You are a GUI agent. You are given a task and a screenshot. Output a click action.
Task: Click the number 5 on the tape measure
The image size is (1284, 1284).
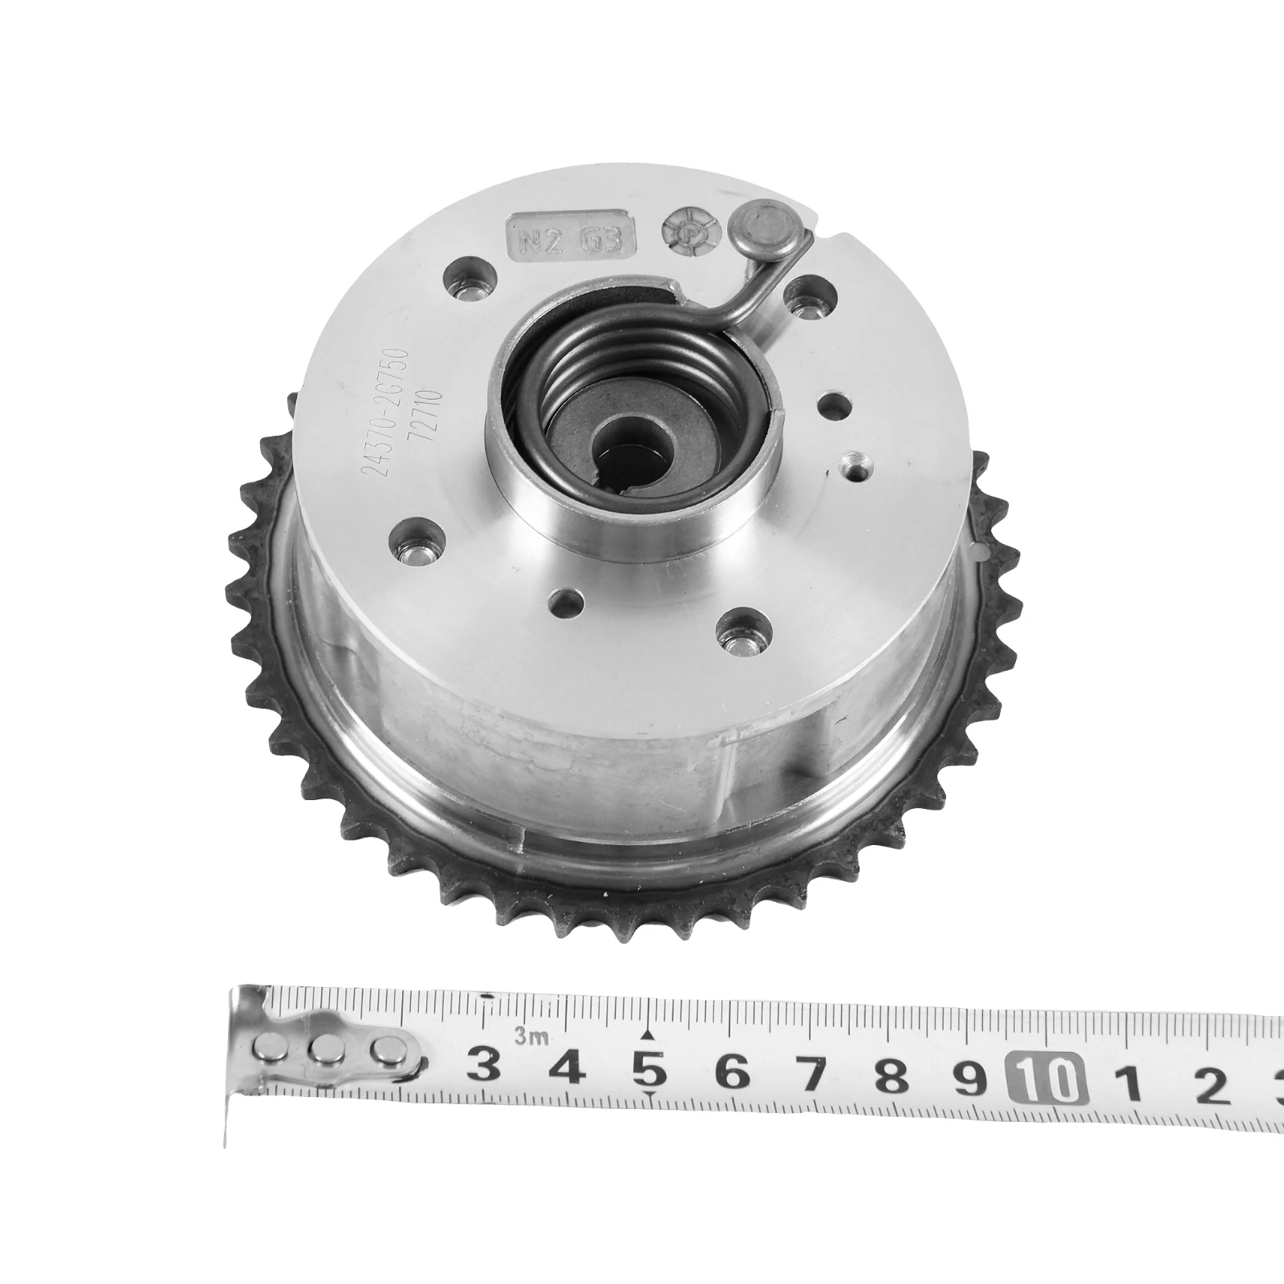[650, 1070]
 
